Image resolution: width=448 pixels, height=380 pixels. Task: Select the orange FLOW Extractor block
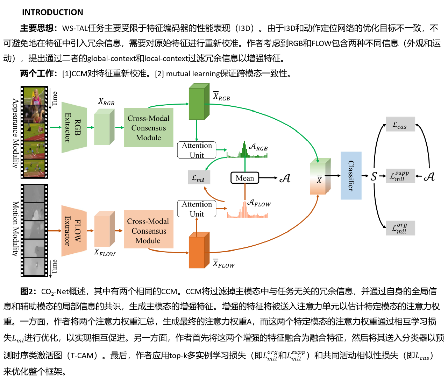74,231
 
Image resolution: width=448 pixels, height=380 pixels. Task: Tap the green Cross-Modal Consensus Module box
149,128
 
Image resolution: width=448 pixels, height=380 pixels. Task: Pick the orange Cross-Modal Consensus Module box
149,231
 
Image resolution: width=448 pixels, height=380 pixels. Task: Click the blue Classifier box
351,176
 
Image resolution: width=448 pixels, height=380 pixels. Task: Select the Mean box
245,178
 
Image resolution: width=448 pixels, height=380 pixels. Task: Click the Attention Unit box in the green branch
197,150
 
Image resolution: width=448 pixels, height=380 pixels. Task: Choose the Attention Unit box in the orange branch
197,209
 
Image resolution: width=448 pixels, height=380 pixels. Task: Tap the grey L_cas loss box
400,125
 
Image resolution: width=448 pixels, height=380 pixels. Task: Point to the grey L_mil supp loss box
400,176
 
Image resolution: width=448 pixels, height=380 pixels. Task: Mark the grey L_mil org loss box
400,228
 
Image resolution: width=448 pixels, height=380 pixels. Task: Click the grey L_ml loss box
199,178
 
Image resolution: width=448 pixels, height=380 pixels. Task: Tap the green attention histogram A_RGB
247,152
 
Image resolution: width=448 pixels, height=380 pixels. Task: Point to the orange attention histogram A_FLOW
247,212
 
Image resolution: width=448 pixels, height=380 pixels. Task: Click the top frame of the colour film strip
34,96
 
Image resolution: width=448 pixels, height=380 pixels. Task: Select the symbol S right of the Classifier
374,176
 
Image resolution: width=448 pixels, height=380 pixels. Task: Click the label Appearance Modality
15,133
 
